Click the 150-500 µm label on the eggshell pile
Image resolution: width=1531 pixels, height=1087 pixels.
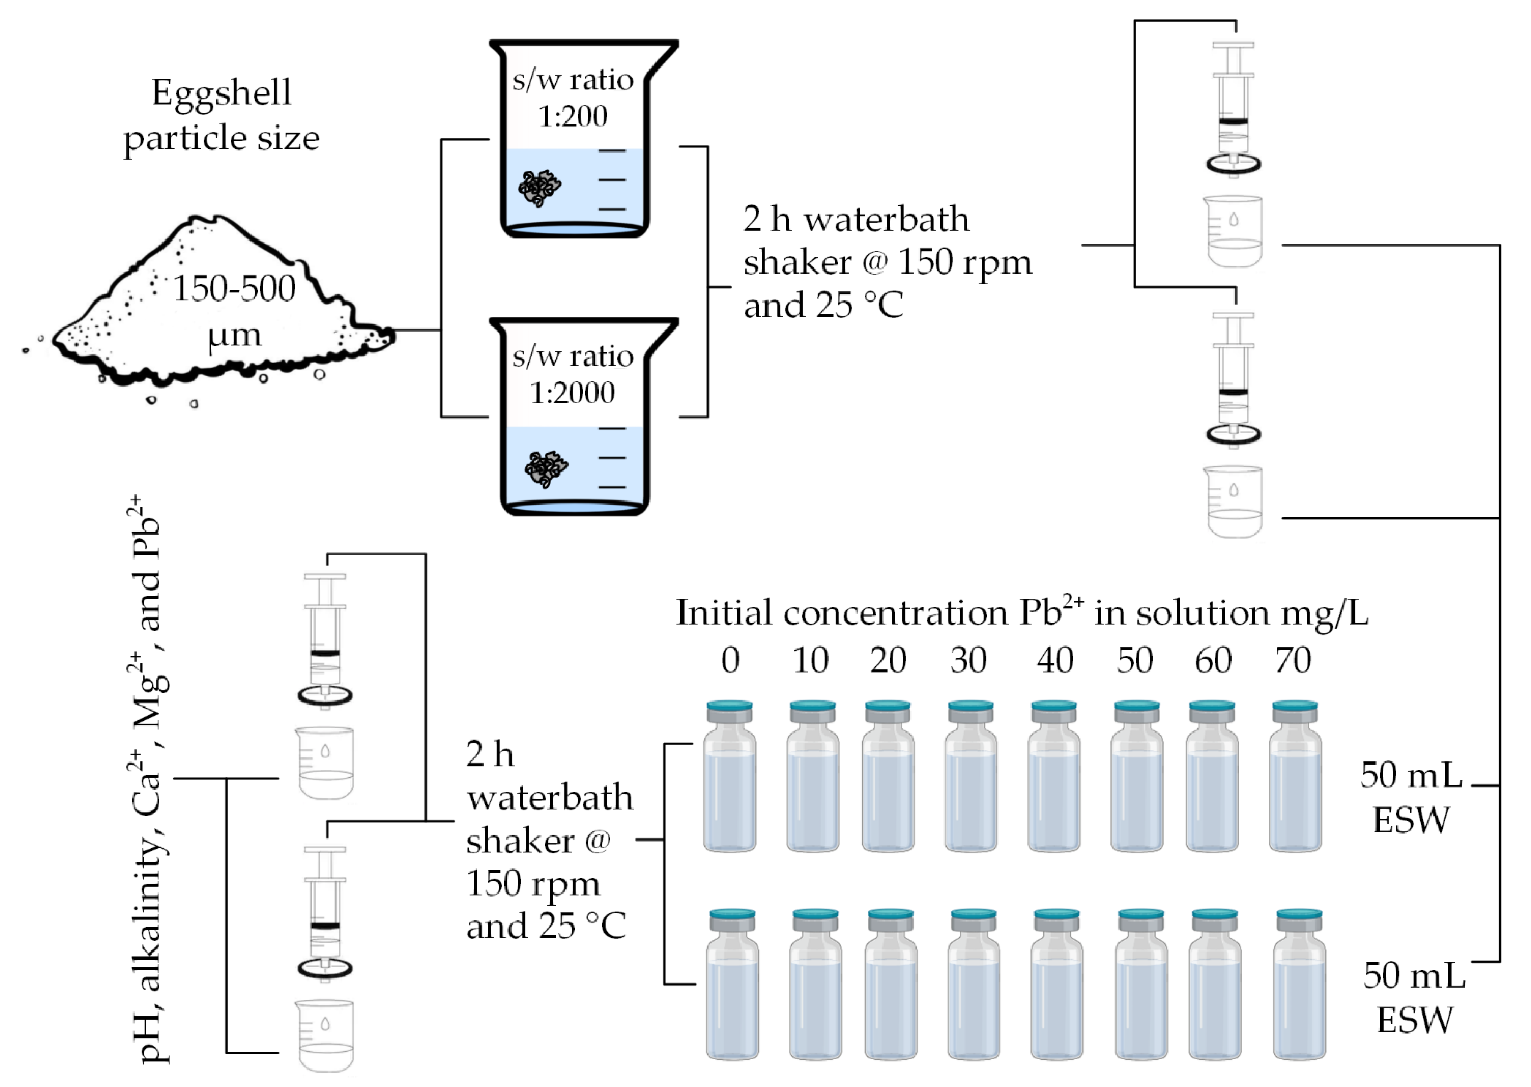234,311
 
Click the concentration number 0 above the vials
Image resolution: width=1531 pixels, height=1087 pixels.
730,661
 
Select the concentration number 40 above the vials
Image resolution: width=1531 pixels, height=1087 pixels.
1055,661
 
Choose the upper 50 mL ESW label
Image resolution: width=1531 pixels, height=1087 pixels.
1411,798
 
